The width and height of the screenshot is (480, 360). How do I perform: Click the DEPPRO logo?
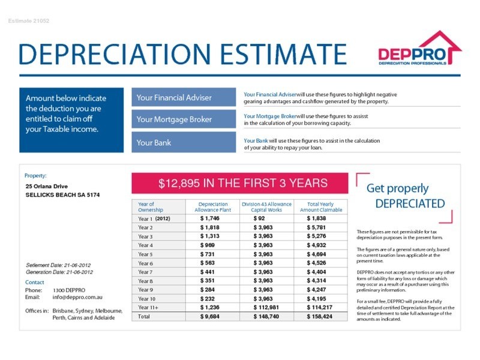(x=419, y=49)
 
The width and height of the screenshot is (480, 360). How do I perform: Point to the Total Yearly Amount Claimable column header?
(x=320, y=207)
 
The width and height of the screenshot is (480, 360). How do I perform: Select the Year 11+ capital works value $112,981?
(x=267, y=307)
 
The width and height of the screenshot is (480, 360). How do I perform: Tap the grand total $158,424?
(x=319, y=316)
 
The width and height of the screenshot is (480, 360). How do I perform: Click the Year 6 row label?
(x=146, y=263)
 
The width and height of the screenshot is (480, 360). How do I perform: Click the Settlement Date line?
(x=59, y=265)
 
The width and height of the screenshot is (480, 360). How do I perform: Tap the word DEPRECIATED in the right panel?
(x=410, y=203)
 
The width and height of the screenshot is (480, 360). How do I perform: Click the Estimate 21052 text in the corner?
(x=29, y=21)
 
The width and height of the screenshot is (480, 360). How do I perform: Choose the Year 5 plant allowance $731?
(x=208, y=254)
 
